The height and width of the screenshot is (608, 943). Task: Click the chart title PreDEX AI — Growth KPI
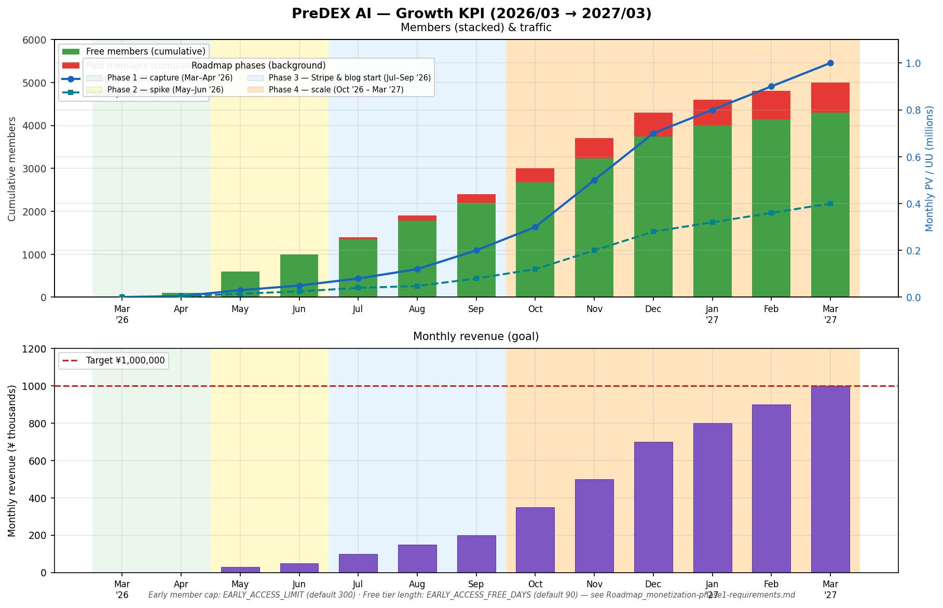471,13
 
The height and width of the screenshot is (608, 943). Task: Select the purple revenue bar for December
653,507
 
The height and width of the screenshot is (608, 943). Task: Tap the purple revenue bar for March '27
830,479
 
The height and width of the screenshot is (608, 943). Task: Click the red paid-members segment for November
594,148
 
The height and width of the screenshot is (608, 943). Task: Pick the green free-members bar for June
299,276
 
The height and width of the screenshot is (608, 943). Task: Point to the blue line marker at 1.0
830,63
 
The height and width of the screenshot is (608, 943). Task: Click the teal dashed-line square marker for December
653,232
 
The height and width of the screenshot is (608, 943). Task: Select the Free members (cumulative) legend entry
145,51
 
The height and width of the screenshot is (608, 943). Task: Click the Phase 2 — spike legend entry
165,90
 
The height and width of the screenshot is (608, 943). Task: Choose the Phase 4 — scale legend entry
335,90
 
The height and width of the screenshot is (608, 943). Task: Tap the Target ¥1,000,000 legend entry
125,360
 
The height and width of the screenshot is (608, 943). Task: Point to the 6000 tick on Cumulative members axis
34,40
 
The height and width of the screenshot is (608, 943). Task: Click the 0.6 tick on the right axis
913,157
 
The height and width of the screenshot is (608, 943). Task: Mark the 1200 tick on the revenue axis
34,349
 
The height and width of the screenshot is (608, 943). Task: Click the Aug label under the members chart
417,309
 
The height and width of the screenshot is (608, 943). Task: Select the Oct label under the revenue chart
535,584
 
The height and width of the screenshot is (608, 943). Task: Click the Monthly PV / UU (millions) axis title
929,168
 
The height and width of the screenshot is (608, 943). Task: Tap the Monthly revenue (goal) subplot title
475,336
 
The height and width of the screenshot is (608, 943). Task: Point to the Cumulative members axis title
12,168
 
